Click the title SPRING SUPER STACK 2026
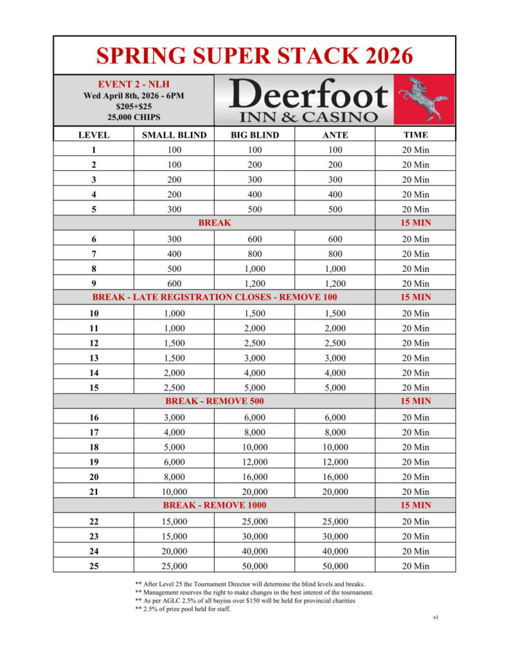click(254, 56)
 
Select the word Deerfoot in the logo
click(308, 95)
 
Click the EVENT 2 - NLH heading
click(134, 84)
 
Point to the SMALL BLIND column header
click(174, 135)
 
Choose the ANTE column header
click(335, 135)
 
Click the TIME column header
click(415, 135)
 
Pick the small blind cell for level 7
click(174, 254)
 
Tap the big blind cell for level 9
click(254, 283)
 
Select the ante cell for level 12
click(335, 343)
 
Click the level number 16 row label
click(94, 418)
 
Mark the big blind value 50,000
click(254, 566)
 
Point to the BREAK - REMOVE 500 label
click(215, 401)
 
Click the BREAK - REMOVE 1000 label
click(215, 505)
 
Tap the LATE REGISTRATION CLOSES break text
click(215, 298)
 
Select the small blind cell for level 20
click(174, 477)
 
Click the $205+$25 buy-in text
click(134, 107)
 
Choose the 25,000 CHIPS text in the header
click(134, 118)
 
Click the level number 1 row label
click(94, 150)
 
